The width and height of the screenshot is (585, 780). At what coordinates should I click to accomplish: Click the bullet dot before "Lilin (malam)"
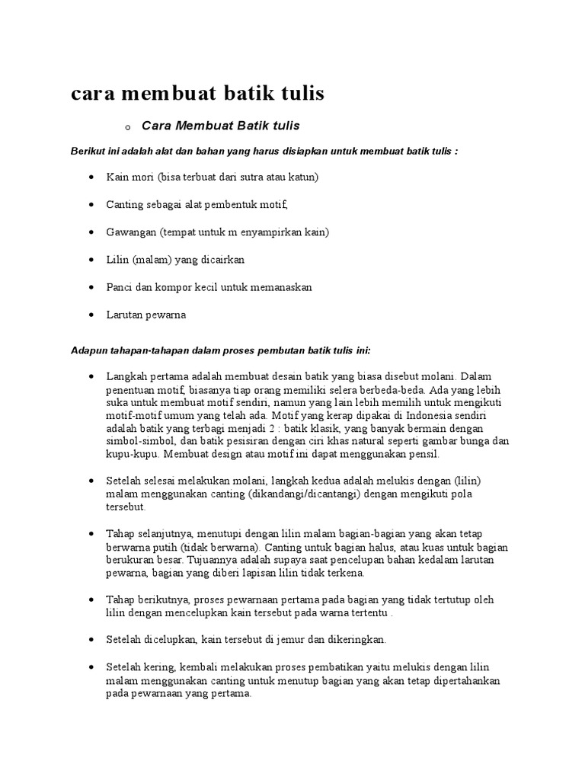point(91,260)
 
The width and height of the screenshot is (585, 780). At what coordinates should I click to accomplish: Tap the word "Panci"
point(120,287)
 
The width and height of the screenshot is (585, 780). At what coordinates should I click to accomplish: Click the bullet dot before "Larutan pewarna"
point(91,315)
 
